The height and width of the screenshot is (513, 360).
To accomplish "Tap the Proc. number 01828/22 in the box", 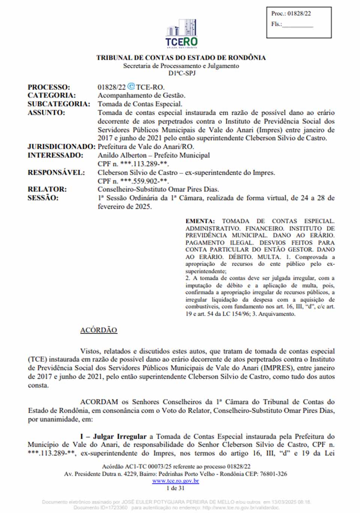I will [299, 13].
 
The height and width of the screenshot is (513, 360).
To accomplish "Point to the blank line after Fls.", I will [297, 25].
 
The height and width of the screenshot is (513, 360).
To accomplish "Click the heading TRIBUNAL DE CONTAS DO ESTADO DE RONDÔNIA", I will [181, 58].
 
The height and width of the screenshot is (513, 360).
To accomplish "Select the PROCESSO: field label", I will [49, 87].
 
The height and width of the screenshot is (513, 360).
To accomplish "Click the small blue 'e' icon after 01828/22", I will [131, 87].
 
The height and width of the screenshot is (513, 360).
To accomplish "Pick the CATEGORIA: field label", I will [51, 96].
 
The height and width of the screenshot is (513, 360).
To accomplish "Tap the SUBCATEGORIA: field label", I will [58, 104].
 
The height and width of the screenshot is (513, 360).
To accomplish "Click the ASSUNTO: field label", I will [46, 113].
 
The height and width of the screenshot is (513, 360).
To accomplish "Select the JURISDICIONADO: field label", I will [61, 147].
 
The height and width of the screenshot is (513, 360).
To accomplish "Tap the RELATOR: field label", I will [47, 189].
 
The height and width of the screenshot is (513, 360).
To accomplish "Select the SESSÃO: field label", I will [43, 198].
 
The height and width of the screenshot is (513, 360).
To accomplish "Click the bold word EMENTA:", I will [200, 221].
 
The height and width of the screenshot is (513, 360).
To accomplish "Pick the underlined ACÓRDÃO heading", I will [99, 330].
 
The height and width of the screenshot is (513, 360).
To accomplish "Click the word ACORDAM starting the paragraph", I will [99, 402].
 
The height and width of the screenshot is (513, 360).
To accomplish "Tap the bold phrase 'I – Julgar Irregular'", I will [113, 436].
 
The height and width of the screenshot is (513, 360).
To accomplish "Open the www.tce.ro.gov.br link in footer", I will [175, 481].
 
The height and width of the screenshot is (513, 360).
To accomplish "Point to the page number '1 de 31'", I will [175, 488].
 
